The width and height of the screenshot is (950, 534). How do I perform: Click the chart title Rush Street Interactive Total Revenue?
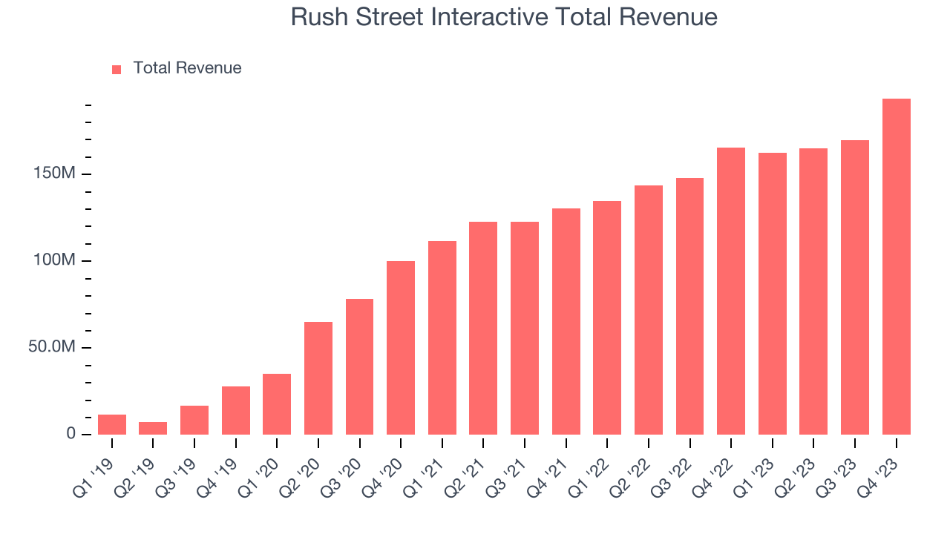504,17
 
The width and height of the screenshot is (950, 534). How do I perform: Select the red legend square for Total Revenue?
117,69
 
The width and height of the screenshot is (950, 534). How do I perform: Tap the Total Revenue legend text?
187,68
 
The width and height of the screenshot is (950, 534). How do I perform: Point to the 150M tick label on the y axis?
55,174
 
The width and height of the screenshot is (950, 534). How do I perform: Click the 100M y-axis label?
55,260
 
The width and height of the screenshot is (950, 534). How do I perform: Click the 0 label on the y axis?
71,433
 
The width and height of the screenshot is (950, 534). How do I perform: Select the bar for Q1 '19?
112,425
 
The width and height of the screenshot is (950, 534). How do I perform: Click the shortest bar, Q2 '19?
153,429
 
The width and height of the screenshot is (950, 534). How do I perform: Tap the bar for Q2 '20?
318,378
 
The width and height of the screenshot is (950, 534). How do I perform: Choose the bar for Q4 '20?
401,348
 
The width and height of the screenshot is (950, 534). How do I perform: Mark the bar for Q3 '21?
525,329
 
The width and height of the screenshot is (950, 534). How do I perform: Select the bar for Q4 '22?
731,291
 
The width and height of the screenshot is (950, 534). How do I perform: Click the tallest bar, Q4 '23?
896,267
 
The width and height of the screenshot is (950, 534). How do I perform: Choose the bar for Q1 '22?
607,318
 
